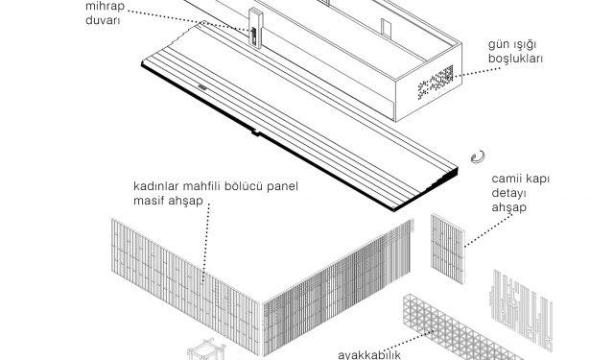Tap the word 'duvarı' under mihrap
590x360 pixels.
tap(103, 20)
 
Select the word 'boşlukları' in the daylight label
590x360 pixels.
tap(515, 59)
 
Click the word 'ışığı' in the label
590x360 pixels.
tap(524, 45)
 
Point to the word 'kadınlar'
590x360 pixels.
tap(156, 186)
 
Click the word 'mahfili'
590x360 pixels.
tap(203, 186)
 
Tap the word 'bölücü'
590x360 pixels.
tap(245, 186)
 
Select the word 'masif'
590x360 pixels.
tap(149, 201)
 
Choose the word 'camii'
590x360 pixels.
tap(505, 179)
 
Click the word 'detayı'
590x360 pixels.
tap(508, 193)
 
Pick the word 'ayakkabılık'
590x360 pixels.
tap(369, 355)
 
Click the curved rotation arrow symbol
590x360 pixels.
tap(478, 156)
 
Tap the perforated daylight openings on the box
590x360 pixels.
tap(436, 83)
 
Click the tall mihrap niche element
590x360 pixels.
tap(255, 27)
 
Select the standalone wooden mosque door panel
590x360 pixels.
tap(448, 249)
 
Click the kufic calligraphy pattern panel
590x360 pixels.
tap(521, 309)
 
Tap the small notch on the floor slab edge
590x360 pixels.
tap(255, 132)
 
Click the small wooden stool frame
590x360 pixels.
tap(206, 349)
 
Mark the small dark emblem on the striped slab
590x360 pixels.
tap(202, 87)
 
